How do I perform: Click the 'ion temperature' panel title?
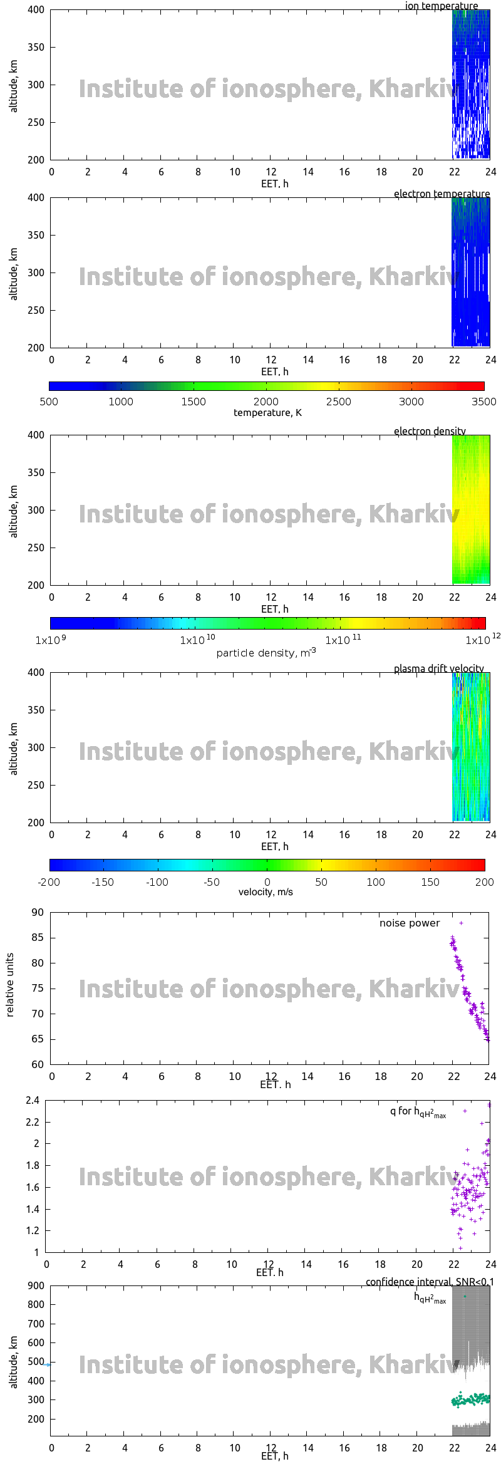click(441, 6)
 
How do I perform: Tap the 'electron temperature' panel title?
click(442, 194)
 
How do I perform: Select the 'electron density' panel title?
click(430, 431)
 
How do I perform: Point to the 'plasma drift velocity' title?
click(438, 668)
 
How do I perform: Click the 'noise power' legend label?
click(410, 923)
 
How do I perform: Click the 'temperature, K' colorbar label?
click(267, 413)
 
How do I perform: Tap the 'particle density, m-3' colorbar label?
click(266, 653)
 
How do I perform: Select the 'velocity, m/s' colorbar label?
click(266, 891)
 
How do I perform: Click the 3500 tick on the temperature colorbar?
click(483, 402)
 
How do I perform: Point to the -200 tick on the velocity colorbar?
click(49, 882)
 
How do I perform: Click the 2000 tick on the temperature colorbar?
click(266, 402)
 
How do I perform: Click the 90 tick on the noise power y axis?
click(38, 912)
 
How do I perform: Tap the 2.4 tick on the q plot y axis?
click(33, 1101)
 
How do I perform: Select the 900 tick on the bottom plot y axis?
click(36, 1285)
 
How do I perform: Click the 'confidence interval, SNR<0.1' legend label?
click(430, 1282)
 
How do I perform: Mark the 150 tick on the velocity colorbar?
click(430, 882)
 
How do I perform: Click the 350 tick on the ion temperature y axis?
click(36, 47)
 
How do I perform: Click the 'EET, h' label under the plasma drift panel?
click(274, 846)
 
